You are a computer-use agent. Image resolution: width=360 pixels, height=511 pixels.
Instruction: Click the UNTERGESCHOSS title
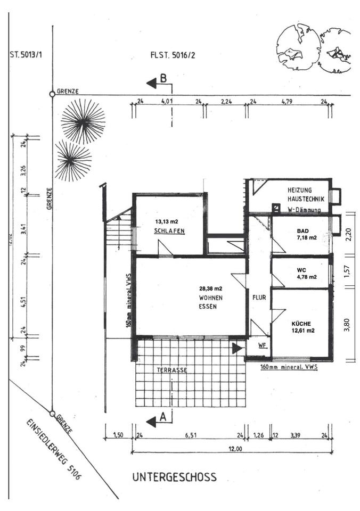pos(174,477)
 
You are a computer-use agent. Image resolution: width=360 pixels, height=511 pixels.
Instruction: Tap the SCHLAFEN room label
pos(169,231)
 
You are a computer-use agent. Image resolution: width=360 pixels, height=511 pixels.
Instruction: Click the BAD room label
pos(303,232)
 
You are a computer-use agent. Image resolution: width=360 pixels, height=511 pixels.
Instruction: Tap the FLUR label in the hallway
pos(259,298)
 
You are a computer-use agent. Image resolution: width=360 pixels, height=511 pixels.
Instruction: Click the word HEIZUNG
pos(300,190)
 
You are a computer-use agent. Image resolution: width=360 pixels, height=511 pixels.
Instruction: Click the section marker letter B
pos(164,78)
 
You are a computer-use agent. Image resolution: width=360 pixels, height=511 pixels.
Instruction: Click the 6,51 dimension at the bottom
pos(189,435)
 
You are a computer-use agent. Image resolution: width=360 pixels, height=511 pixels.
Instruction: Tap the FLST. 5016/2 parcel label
pos(174,54)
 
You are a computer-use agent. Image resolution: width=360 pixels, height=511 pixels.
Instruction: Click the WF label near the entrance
pos(261,345)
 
